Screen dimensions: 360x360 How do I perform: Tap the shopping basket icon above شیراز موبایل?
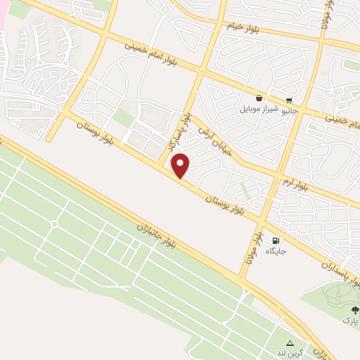pos(259,99)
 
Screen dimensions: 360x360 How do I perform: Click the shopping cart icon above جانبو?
pos(289,100)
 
